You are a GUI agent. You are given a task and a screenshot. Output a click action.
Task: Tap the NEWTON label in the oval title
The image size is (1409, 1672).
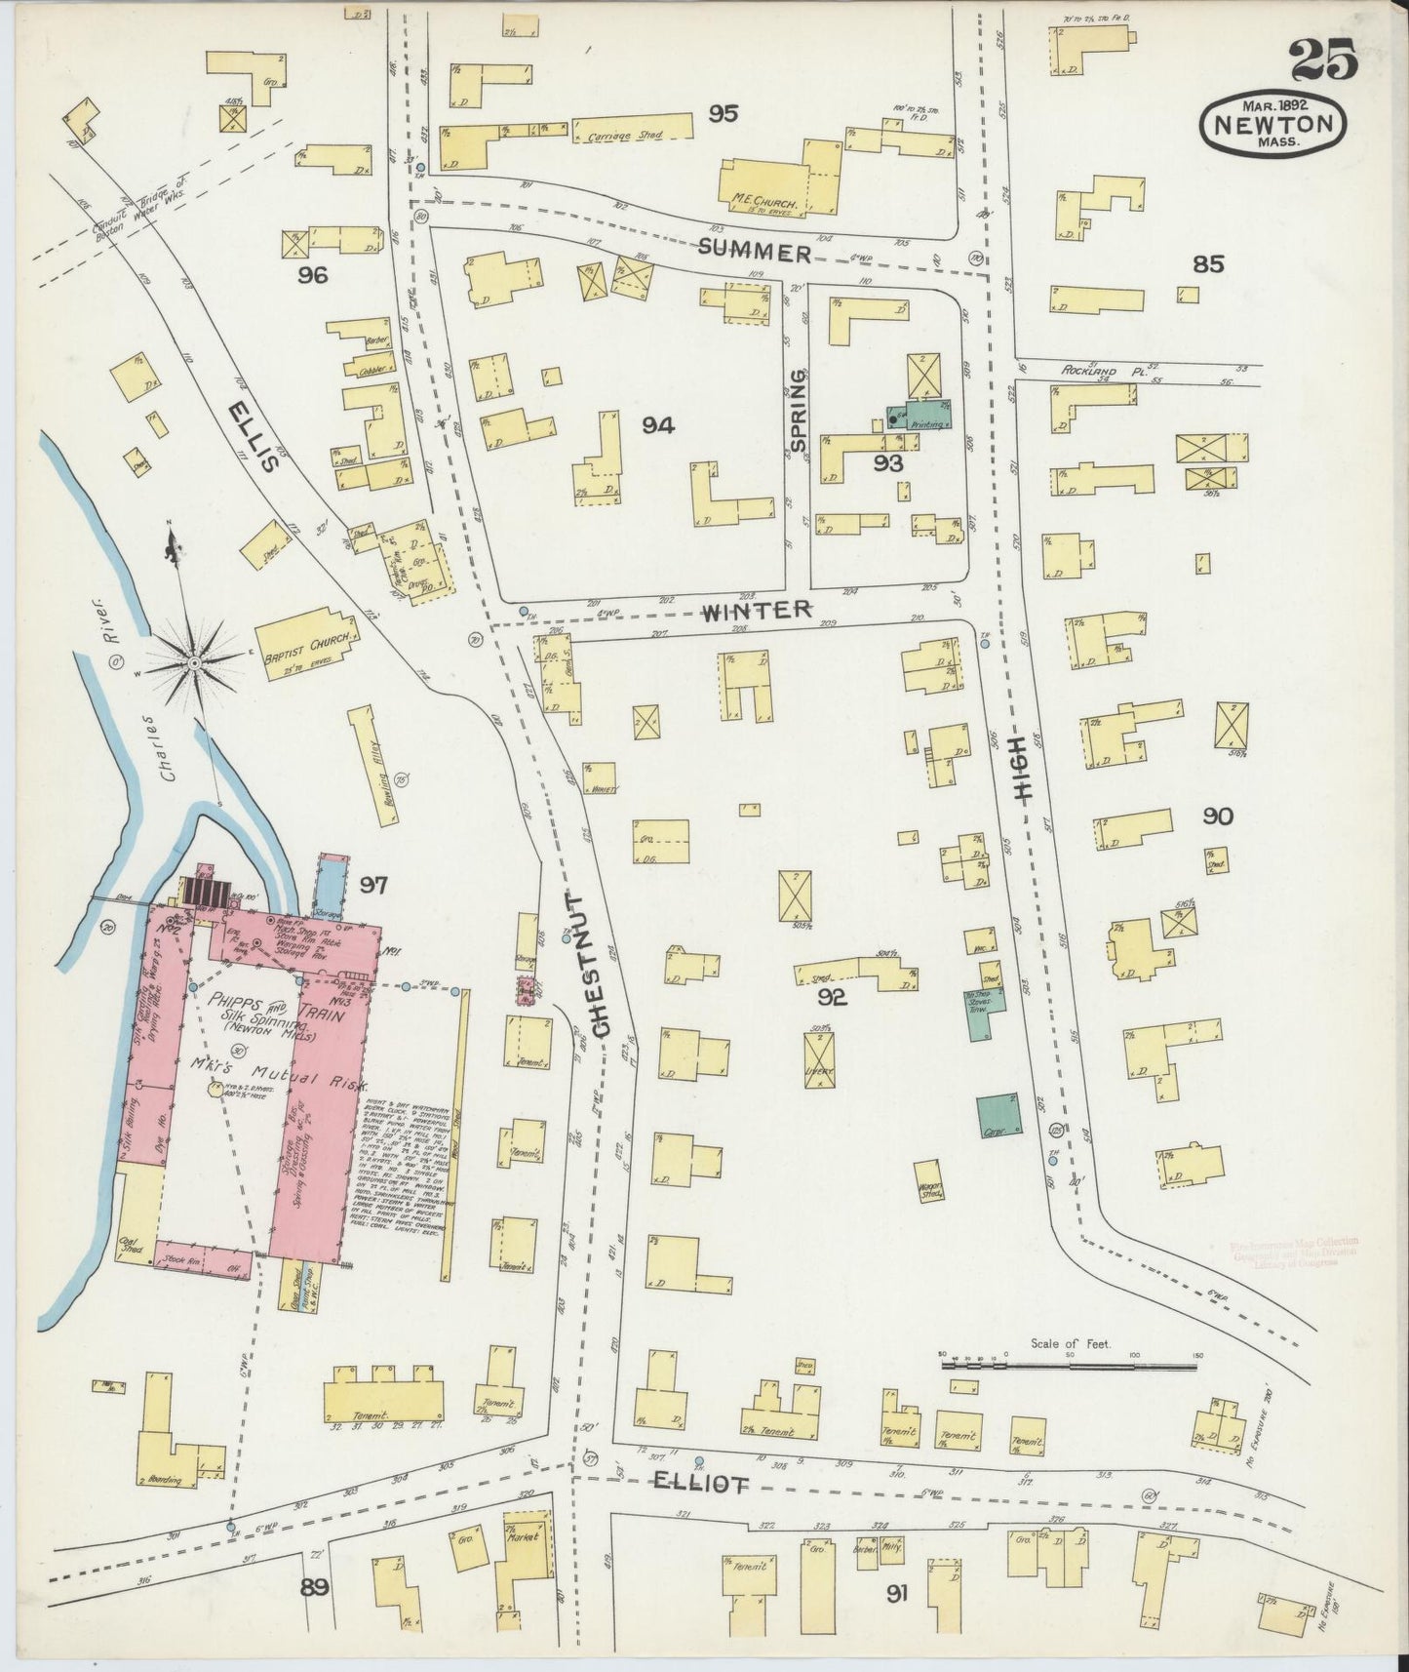[x=1275, y=124]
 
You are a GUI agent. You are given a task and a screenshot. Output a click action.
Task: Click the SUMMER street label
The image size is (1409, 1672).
[x=755, y=253]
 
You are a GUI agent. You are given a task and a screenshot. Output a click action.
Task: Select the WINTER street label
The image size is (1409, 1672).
[x=757, y=610]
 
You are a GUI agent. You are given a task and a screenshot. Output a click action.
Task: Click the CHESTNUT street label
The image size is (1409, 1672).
[x=601, y=963]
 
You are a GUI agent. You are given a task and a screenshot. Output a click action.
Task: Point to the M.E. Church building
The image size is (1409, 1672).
[x=770, y=182]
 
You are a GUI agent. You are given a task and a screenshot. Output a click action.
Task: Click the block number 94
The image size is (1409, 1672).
[x=658, y=424]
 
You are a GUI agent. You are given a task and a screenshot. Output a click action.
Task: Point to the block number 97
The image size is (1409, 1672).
[x=372, y=886]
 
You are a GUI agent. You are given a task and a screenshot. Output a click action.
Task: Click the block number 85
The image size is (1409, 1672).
[x=1207, y=264]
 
